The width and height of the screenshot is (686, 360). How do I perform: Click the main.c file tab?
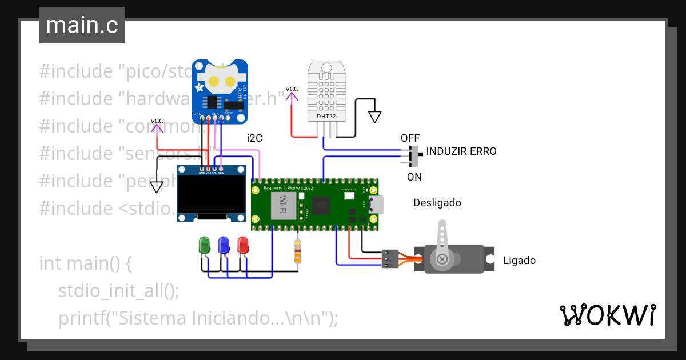coord(81,26)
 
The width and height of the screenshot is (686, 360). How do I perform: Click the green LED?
coord(204,245)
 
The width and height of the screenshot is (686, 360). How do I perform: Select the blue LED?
coord(224,245)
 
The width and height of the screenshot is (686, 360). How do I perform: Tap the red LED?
coord(243,245)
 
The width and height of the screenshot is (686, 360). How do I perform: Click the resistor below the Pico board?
coord(297,251)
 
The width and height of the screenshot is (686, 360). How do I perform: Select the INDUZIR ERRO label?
coord(461,152)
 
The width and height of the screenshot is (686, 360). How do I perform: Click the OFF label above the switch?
coord(410,138)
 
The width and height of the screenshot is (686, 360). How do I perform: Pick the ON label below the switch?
coord(414,177)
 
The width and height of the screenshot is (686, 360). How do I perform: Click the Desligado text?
coord(437,203)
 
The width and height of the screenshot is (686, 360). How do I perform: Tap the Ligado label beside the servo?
coord(519,261)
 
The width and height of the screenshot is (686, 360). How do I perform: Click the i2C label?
coord(254,138)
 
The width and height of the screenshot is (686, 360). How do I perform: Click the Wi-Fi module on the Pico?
coord(282,204)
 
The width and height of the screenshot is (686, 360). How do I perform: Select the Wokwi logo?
coord(607,315)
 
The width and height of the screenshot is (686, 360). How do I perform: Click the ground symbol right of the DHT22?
coord(374,117)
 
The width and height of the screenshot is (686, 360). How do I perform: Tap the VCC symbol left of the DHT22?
coord(292,93)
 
